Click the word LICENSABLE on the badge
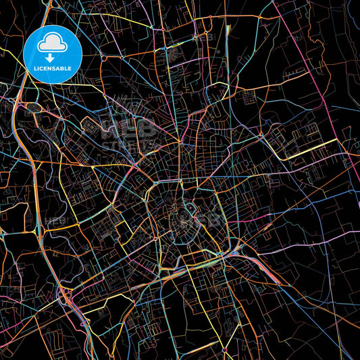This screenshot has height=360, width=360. (53, 69)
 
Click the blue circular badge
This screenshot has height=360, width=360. (53, 54)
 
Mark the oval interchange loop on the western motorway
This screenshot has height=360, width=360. (32, 107)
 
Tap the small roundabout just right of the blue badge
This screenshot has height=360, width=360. (103, 58)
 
